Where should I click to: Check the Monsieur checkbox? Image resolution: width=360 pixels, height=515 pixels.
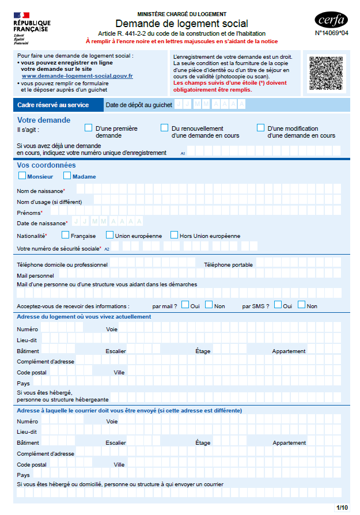pyautogui.click(x=22, y=176)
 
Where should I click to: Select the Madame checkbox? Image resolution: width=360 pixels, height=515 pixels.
pyautogui.click(x=67, y=176)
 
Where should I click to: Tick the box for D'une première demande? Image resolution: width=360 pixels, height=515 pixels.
pyautogui.click(x=89, y=128)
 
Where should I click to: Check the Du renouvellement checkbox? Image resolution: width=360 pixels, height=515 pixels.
pyautogui.click(x=164, y=128)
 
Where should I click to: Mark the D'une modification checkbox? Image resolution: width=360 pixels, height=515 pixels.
pyautogui.click(x=260, y=128)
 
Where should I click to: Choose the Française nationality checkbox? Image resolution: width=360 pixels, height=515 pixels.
pyautogui.click(x=66, y=235)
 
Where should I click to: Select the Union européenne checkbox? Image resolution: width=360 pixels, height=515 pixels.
pyautogui.click(x=109, y=235)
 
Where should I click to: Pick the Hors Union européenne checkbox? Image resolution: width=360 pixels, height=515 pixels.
pyautogui.click(x=174, y=235)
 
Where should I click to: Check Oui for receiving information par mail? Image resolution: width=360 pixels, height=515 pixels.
pyautogui.click(x=185, y=305)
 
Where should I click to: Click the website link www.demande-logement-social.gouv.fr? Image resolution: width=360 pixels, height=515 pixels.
pyautogui.click(x=77, y=76)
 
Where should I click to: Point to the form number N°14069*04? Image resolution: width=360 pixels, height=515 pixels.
pyautogui.click(x=331, y=33)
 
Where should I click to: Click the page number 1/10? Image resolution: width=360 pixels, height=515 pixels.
pyautogui.click(x=342, y=507)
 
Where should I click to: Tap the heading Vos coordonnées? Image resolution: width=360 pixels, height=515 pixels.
pyautogui.click(x=46, y=165)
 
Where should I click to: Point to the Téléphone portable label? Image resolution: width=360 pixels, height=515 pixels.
pyautogui.click(x=228, y=264)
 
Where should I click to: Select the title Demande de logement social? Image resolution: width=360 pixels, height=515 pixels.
pyautogui.click(x=181, y=24)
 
